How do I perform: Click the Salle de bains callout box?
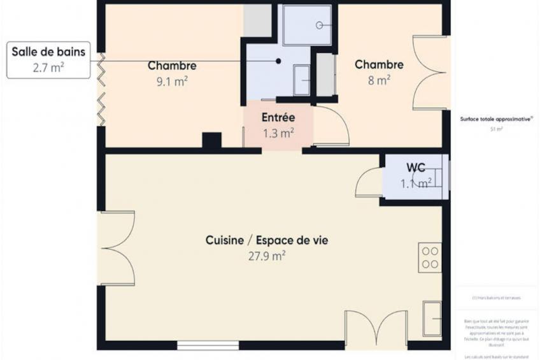click(x=48, y=59)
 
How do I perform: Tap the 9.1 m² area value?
click(x=172, y=81)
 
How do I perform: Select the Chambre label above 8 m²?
click(x=379, y=64)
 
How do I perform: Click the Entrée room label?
click(x=278, y=118)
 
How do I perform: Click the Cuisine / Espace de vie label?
click(x=267, y=240)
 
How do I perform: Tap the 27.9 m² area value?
click(x=267, y=256)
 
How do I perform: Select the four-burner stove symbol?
click(x=430, y=257)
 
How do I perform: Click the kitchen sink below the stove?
click(x=432, y=318)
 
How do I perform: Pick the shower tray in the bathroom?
click(x=308, y=25)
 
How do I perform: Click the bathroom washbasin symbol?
click(x=302, y=80)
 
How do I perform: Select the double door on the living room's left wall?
click(x=118, y=248)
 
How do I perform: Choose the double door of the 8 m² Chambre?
click(x=429, y=73)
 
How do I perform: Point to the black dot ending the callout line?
click(x=278, y=61)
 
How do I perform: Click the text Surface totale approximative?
click(x=496, y=119)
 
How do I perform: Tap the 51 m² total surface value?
click(x=496, y=129)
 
